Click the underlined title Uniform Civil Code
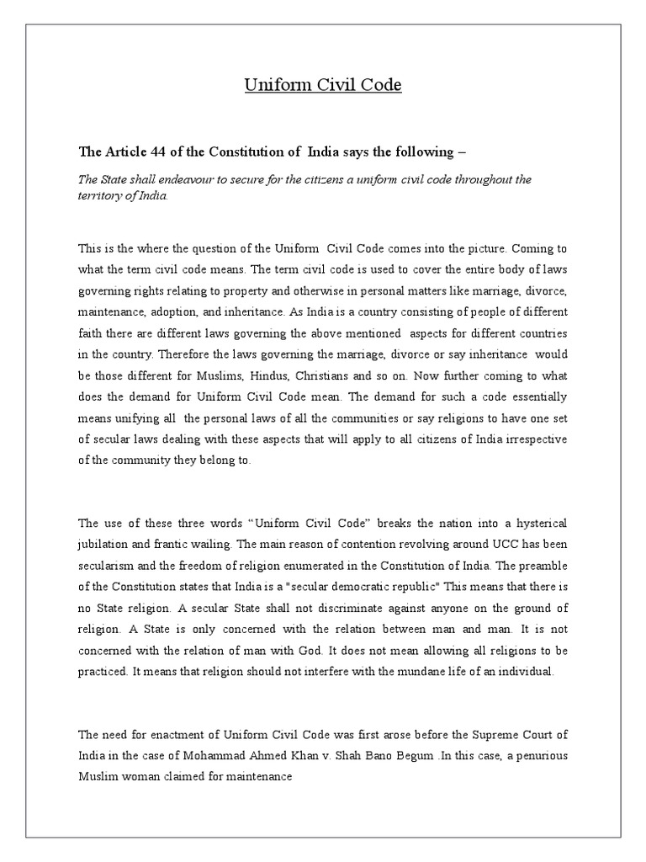pos(311,85)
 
